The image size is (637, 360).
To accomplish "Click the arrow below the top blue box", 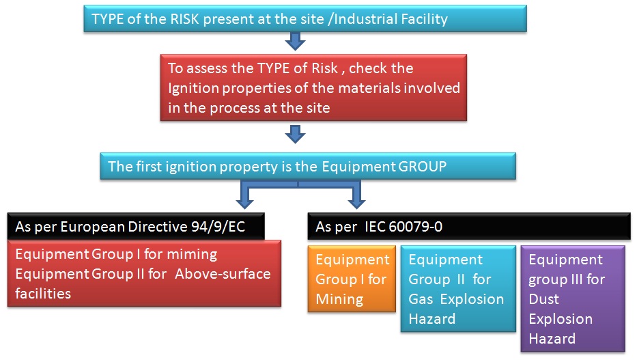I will coord(294,42).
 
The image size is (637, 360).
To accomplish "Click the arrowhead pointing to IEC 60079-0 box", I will coord(356,202).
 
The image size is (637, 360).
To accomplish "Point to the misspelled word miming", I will coord(193,255).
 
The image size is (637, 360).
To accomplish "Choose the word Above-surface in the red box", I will coord(229,274).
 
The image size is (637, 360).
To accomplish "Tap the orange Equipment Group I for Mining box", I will coord(352,279).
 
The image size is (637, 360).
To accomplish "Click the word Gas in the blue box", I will coord(421,299).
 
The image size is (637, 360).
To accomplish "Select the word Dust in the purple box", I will coord(544,299).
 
